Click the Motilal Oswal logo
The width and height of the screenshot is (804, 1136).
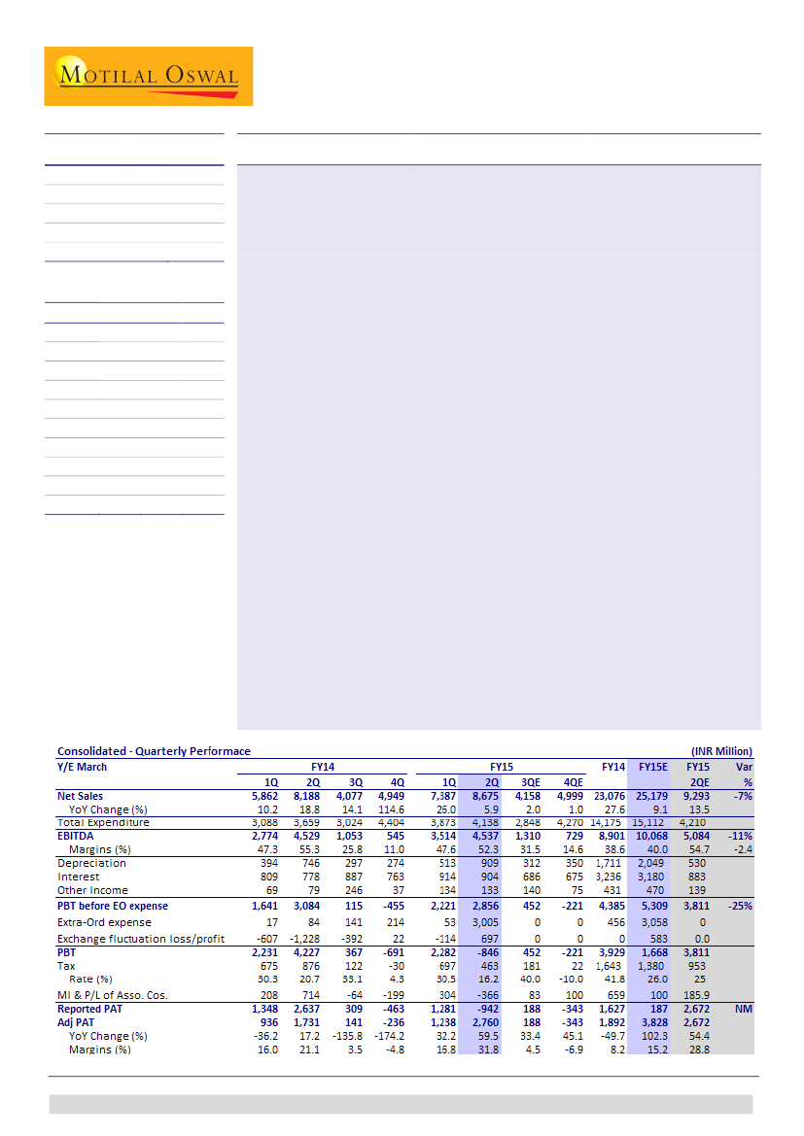(148, 76)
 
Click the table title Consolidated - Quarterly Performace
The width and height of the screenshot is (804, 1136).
(154, 751)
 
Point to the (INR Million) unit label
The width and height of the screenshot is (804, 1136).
(721, 751)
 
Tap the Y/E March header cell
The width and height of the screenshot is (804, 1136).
(83, 767)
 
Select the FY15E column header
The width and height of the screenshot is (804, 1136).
(652, 767)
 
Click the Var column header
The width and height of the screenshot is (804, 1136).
(745, 767)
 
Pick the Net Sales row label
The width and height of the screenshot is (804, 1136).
(81, 796)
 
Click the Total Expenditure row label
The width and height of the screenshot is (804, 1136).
(104, 822)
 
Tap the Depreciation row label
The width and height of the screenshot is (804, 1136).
(91, 863)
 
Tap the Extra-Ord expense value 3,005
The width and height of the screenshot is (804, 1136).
(484, 922)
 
